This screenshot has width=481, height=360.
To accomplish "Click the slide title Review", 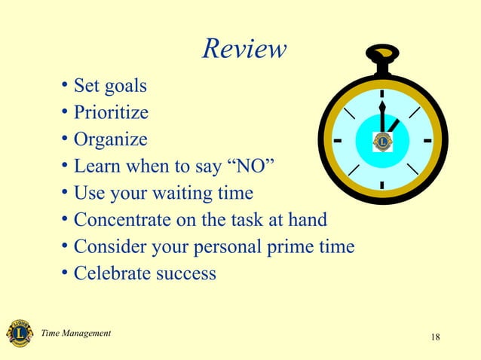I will pos(245,49).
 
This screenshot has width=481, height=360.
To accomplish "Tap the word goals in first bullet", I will pos(125,87).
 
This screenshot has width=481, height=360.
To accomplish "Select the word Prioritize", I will pos(111,114).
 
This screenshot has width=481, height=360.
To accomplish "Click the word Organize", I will pos(110,140).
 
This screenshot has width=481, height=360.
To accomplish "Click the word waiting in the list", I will pos(177,193).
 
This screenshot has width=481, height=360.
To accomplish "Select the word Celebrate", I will pos(112,273).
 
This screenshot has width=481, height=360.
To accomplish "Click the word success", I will pos(185,273).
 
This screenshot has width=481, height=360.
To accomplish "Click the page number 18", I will pos(435,336).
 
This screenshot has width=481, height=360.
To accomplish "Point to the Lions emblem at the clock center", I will pos(382,140).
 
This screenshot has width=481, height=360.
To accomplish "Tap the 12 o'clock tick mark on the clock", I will pos(382,94).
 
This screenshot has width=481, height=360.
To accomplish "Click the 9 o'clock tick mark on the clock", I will pos(336,140).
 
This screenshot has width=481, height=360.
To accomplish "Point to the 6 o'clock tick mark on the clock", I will pos(382,185).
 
